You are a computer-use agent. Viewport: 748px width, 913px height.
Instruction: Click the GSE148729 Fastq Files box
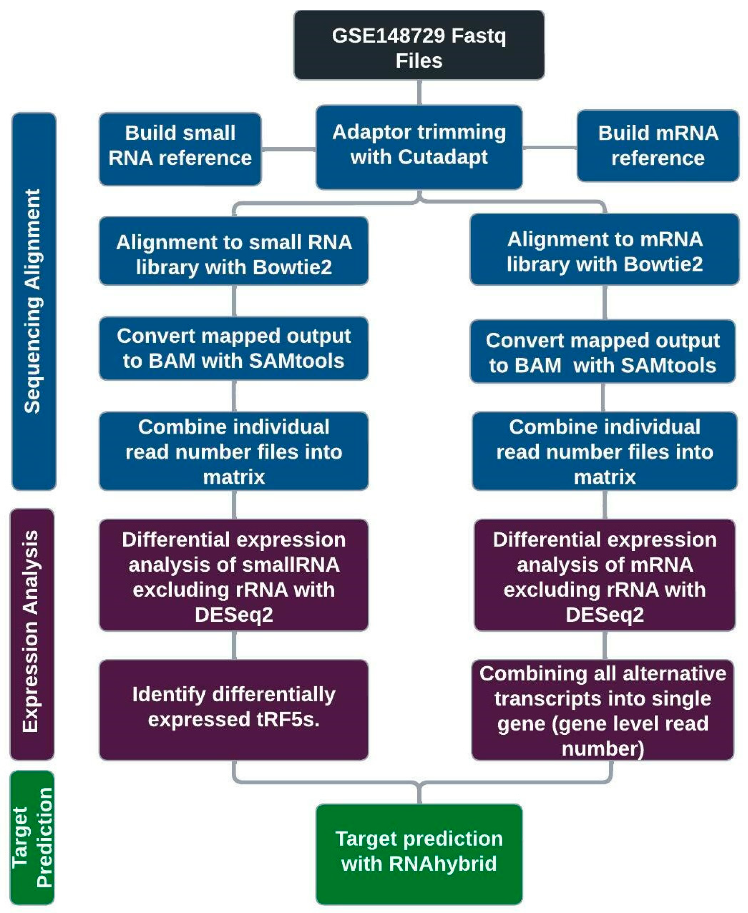point(419,45)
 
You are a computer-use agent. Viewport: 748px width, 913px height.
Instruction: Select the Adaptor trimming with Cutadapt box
point(419,147)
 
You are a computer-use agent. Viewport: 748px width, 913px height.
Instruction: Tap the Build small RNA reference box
point(180,149)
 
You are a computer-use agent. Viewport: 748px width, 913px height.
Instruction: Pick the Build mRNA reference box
point(658,146)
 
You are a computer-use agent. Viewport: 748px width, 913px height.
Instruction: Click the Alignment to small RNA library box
point(234,251)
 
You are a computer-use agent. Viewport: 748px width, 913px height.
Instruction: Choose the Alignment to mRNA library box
point(605,249)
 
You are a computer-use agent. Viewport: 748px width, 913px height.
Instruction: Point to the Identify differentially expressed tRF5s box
point(234,710)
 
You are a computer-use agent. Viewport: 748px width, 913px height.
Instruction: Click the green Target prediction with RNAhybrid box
point(419,854)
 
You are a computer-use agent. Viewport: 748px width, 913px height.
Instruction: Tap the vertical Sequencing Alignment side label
point(34,301)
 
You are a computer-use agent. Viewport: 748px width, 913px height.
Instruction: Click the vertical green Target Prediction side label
point(32,837)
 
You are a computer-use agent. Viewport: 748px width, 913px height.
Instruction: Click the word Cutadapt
point(443,157)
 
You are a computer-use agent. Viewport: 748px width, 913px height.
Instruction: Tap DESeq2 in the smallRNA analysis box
point(234,615)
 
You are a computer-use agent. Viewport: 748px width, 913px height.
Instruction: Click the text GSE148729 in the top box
point(388,36)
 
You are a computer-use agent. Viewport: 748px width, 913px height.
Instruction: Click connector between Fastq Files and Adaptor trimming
point(419,93)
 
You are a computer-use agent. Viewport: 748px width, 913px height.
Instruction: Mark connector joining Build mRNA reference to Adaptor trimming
point(550,147)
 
